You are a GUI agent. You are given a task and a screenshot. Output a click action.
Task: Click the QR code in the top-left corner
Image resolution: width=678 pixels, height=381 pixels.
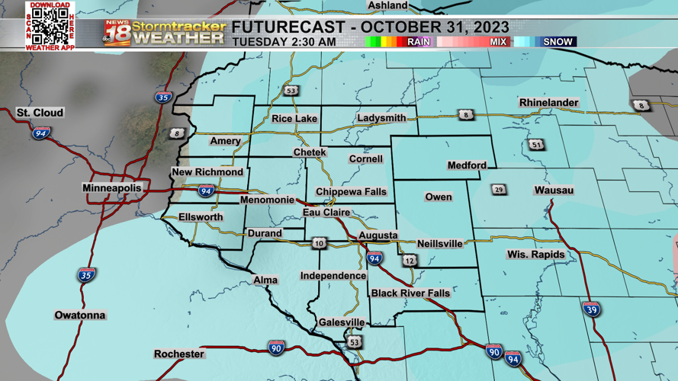50,25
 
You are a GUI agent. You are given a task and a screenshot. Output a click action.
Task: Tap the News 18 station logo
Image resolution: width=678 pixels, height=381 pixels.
117,33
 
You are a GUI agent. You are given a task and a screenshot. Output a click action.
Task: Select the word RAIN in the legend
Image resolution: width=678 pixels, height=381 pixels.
419,42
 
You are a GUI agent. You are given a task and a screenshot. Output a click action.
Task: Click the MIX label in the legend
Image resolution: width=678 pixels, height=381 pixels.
498,42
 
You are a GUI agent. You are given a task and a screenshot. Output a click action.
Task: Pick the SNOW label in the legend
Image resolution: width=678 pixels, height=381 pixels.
558,42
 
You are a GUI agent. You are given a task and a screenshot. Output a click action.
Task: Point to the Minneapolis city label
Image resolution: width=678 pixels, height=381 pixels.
112,187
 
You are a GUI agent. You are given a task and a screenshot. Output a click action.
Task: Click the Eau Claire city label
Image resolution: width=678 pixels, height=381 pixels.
326,213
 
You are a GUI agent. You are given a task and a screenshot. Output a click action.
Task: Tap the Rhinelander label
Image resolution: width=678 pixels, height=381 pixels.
548,103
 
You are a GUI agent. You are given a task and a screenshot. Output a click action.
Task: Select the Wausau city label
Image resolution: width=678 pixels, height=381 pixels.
554,190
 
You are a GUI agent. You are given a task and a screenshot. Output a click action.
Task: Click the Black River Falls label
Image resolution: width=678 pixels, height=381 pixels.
410,293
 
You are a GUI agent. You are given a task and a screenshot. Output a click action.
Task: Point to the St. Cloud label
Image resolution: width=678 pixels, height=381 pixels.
40,113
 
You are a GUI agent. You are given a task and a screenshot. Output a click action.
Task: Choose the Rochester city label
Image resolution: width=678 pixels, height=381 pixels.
179,354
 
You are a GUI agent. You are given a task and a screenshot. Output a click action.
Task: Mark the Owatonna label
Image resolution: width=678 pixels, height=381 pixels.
80,315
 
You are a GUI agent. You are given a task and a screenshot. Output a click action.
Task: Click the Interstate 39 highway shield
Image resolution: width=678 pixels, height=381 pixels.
591,309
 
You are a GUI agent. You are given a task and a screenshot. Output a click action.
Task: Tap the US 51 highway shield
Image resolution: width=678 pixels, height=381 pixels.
537,145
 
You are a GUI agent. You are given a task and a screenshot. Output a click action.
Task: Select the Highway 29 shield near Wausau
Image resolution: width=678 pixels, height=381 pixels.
499,190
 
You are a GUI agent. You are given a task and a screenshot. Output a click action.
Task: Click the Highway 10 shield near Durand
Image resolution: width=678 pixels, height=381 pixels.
319,244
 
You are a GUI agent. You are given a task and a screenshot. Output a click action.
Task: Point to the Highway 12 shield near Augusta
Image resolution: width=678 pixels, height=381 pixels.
410,261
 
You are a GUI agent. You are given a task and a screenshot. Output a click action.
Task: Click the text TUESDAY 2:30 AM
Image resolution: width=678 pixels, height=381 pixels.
284,42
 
